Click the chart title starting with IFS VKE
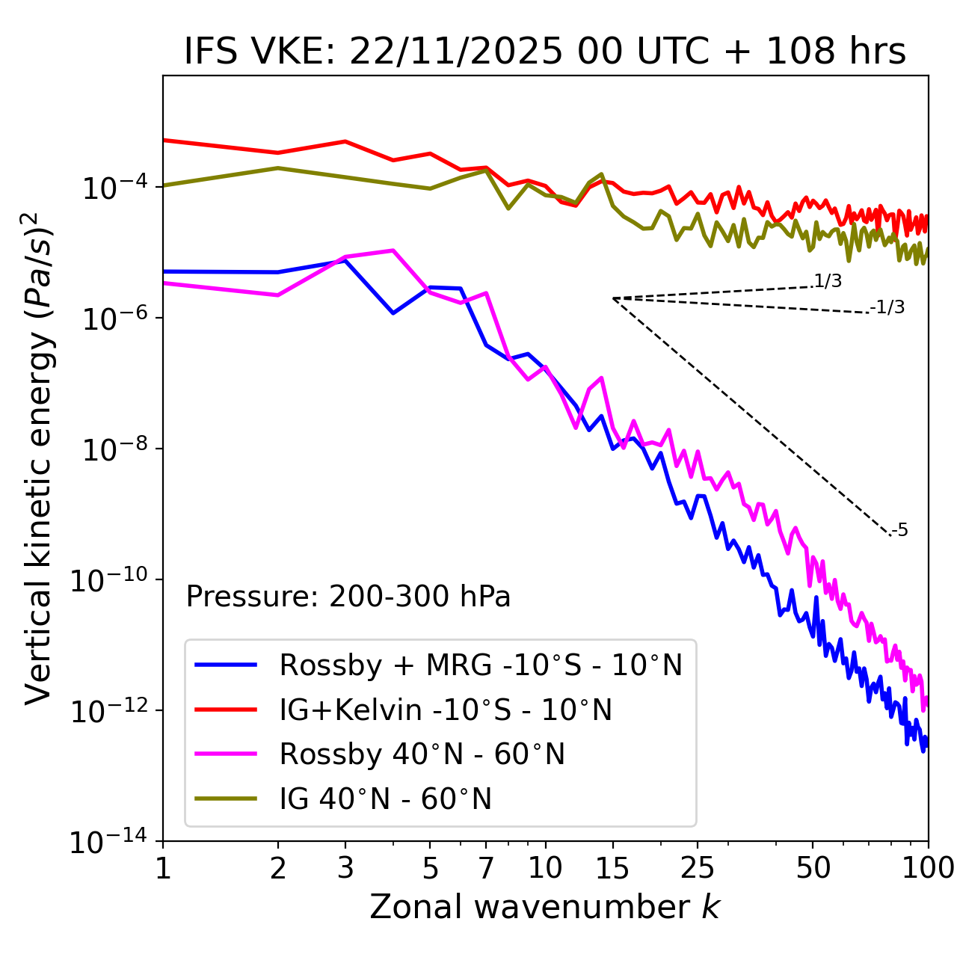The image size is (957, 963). pyautogui.click(x=545, y=52)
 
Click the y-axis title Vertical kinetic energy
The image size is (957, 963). pyautogui.click(x=40, y=458)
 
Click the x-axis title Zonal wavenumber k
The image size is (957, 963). pyautogui.click(x=545, y=906)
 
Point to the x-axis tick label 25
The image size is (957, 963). pyautogui.click(x=698, y=867)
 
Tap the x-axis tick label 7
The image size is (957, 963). pyautogui.click(x=486, y=867)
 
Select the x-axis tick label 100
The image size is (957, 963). pyautogui.click(x=928, y=867)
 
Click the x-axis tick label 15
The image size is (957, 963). pyautogui.click(x=612, y=867)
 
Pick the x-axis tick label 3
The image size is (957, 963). pyautogui.click(x=345, y=867)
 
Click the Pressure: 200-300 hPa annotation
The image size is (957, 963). pyautogui.click(x=348, y=597)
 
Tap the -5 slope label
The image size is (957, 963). pyautogui.click(x=900, y=531)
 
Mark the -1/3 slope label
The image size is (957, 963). pyautogui.click(x=888, y=307)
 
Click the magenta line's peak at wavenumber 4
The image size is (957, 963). pyautogui.click(x=393, y=250)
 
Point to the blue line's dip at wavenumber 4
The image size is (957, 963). pyautogui.click(x=393, y=313)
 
